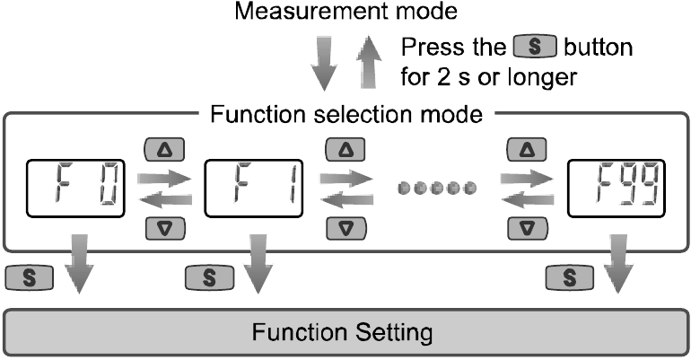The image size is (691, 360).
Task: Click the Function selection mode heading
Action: [345, 115]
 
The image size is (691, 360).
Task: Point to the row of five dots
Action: [435, 189]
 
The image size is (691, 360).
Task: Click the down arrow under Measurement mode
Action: [327, 66]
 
